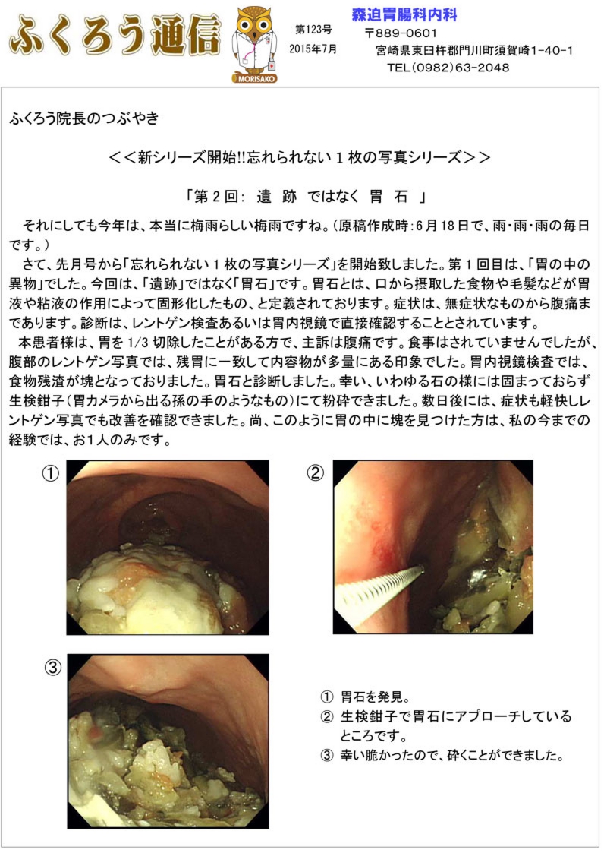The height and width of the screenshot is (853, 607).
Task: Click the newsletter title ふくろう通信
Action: point(115,36)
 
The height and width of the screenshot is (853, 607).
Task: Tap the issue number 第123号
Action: point(313,30)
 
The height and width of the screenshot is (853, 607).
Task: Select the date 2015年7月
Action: point(313,49)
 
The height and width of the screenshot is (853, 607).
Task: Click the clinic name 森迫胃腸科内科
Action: point(404,14)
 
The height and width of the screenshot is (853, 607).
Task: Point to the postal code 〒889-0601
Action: point(401,33)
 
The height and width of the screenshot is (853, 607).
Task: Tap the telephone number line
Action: point(448,68)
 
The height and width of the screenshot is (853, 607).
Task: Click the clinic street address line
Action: point(474,51)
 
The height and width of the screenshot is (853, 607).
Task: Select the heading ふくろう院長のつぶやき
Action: point(84,118)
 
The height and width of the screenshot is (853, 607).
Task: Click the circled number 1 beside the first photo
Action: point(51,473)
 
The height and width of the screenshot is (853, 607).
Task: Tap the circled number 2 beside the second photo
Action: point(315,472)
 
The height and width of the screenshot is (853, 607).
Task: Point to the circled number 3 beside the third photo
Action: point(52,667)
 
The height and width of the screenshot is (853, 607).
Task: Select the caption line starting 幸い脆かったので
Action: point(442,755)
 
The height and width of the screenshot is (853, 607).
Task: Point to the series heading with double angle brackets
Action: point(300,157)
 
